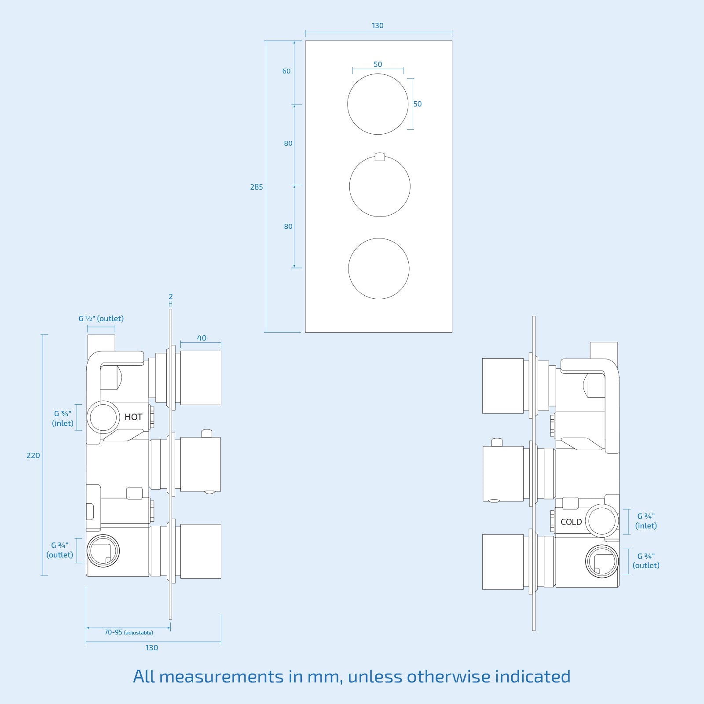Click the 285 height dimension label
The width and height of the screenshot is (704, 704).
(256, 187)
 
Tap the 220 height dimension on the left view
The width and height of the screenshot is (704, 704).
(33, 455)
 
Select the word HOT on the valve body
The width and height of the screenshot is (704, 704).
(133, 417)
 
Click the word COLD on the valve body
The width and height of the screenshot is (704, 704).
(571, 522)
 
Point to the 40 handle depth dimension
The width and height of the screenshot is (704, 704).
(202, 338)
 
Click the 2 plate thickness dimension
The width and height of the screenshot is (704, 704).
(171, 297)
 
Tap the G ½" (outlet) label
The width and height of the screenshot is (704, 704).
(101, 318)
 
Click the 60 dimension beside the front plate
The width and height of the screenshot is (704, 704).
(286, 71)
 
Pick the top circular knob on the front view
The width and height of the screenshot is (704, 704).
(378, 104)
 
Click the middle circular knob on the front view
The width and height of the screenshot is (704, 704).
(380, 186)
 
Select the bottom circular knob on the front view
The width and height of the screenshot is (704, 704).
(379, 268)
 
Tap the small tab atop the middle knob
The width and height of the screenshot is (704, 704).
(380, 157)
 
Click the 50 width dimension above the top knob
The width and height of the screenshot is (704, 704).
(378, 64)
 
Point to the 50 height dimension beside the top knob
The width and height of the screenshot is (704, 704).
(417, 104)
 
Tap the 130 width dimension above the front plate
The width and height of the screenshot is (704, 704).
(378, 26)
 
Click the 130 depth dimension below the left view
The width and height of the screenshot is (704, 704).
(152, 648)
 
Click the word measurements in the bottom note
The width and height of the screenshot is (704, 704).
(221, 676)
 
